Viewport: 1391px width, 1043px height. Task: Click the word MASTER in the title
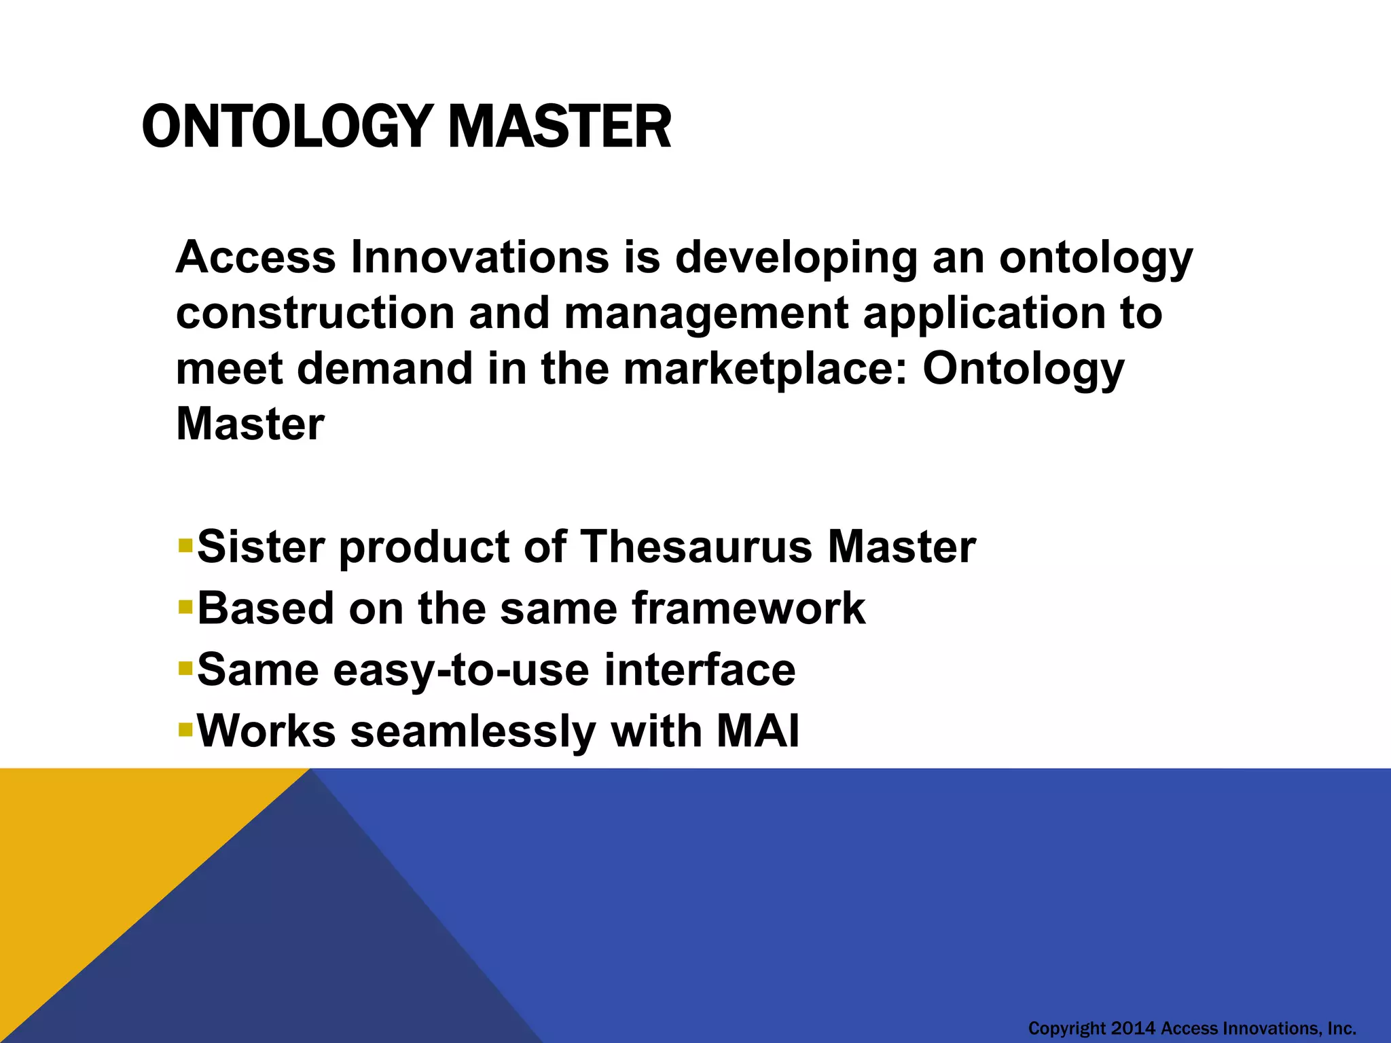click(x=560, y=127)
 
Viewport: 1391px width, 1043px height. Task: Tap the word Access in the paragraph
click(x=255, y=257)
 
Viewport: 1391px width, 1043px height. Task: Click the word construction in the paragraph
click(x=315, y=314)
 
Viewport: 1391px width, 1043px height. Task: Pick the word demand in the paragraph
click(x=384, y=369)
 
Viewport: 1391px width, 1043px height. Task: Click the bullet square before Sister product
click(x=185, y=545)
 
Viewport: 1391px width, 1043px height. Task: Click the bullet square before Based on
click(x=185, y=606)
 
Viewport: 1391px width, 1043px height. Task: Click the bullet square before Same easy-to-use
click(x=185, y=668)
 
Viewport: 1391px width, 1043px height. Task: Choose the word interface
click(x=700, y=670)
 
